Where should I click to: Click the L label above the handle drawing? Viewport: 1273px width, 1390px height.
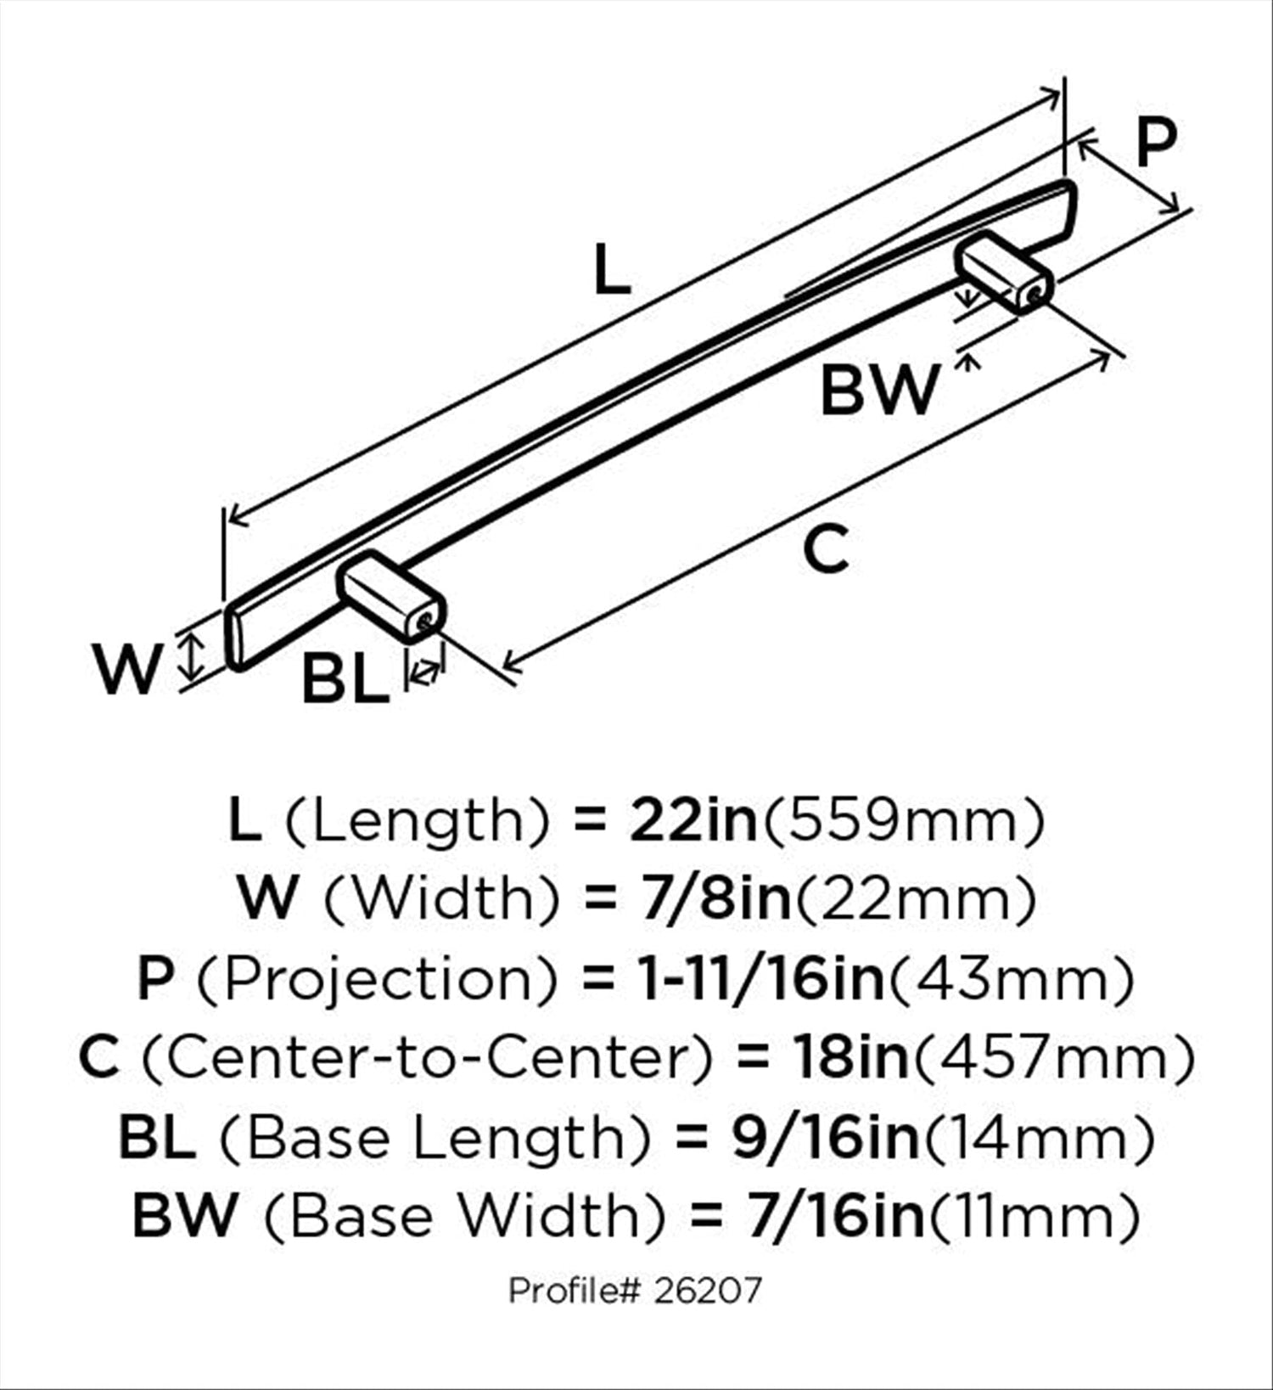click(x=611, y=269)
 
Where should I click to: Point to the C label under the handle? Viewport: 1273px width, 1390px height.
click(x=825, y=549)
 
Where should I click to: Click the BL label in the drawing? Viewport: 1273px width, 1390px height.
click(x=345, y=678)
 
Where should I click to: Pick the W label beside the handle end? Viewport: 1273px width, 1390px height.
click(x=127, y=668)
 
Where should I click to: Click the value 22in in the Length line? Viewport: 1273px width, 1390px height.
click(x=693, y=820)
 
